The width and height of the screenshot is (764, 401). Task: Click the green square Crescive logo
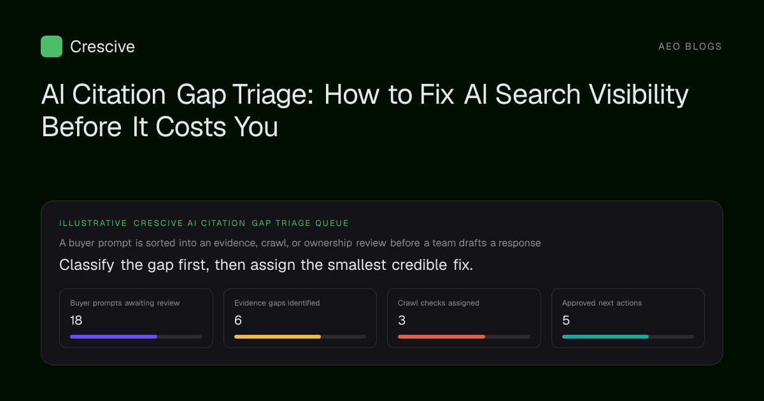[52, 46]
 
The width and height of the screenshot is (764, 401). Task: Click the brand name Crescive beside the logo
[103, 46]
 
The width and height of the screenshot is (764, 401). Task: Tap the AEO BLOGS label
[690, 46]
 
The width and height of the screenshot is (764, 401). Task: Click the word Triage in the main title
[273, 95]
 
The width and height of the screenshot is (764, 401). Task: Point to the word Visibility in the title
[639, 95]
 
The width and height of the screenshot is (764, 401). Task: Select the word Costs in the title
[190, 127]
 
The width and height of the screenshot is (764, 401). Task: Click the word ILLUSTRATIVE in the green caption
[93, 223]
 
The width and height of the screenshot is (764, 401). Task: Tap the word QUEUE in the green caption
[332, 223]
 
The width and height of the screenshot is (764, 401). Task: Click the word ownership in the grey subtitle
[328, 243]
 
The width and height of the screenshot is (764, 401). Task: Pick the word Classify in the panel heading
[87, 265]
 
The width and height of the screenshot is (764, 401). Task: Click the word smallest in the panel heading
[357, 265]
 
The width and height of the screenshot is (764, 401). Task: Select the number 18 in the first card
[76, 321]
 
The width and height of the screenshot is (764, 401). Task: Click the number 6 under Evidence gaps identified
[238, 321]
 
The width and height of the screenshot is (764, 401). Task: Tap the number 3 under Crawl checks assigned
[402, 321]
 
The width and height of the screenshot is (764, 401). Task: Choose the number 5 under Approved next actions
[566, 321]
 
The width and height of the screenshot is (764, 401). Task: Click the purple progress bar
[113, 337]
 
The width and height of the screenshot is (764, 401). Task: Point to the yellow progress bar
[278, 337]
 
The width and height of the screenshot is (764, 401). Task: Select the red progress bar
[441, 337]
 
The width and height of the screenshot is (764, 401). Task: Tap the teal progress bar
[605, 337]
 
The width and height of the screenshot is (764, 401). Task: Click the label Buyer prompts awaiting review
[125, 303]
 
